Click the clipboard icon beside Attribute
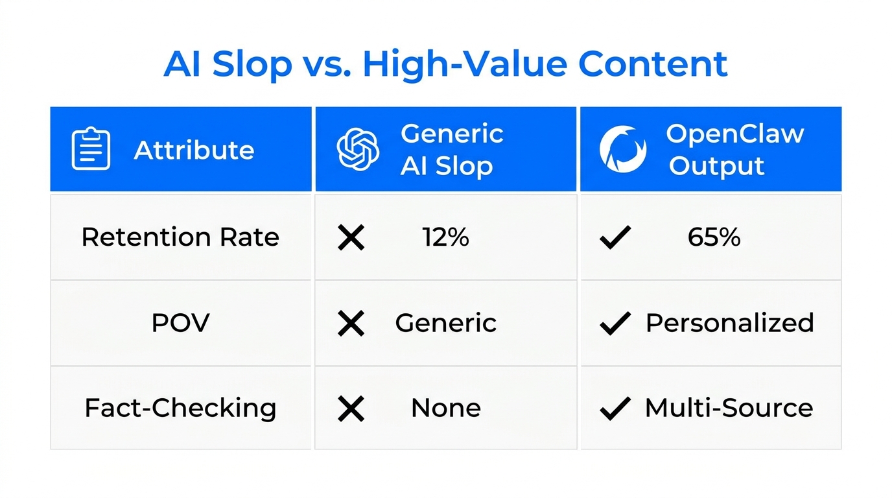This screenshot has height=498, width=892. [x=91, y=149]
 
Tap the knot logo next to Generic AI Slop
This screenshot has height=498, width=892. [x=358, y=149]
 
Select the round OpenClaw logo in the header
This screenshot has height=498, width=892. [x=622, y=149]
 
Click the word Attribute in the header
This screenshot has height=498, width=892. [x=194, y=150]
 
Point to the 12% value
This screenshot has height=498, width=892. [x=446, y=237]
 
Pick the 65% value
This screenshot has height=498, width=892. [x=714, y=237]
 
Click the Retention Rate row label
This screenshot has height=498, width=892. [x=180, y=237]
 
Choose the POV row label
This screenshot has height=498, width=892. [x=180, y=323]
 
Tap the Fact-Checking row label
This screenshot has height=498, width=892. [x=180, y=408]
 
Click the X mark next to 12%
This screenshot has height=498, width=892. [x=351, y=238]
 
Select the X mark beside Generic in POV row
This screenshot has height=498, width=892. [x=351, y=323]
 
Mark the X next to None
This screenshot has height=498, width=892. [x=351, y=409]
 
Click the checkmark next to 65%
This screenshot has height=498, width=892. [x=615, y=238]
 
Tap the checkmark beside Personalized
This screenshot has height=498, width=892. [x=615, y=323]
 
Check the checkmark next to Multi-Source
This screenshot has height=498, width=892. [x=615, y=409]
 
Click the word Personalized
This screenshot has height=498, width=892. [x=729, y=323]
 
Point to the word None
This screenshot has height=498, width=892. [x=446, y=409]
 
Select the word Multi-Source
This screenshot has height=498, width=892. [x=729, y=409]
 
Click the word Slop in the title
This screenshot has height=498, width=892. [x=252, y=65]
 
